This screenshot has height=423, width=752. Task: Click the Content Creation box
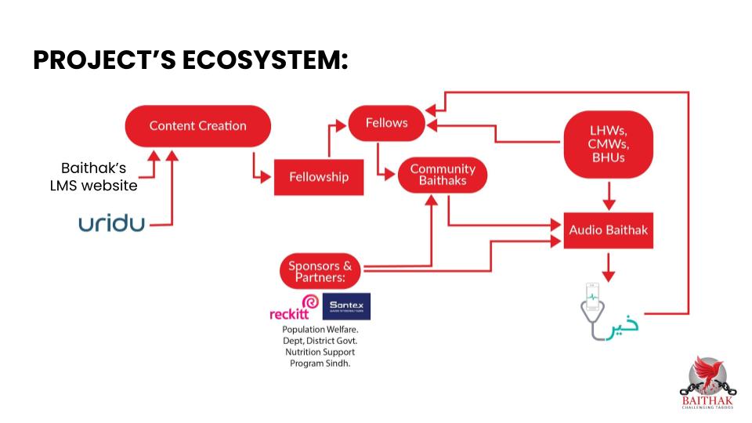tap(197, 126)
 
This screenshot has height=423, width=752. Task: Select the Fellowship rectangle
tap(318, 176)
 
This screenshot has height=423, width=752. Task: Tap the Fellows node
tap(386, 123)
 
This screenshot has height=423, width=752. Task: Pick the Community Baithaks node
tap(443, 175)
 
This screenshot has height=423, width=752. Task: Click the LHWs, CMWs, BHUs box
tap(609, 143)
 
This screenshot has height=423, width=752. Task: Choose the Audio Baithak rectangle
tap(609, 230)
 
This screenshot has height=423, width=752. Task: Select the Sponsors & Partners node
tap(320, 271)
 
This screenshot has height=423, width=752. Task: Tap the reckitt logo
tap(294, 309)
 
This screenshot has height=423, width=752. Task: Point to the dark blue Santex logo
tap(346, 306)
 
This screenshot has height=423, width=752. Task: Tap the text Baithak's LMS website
tap(93, 177)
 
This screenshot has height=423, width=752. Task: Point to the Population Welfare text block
tap(319, 346)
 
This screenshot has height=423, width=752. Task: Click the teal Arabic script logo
tap(624, 324)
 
